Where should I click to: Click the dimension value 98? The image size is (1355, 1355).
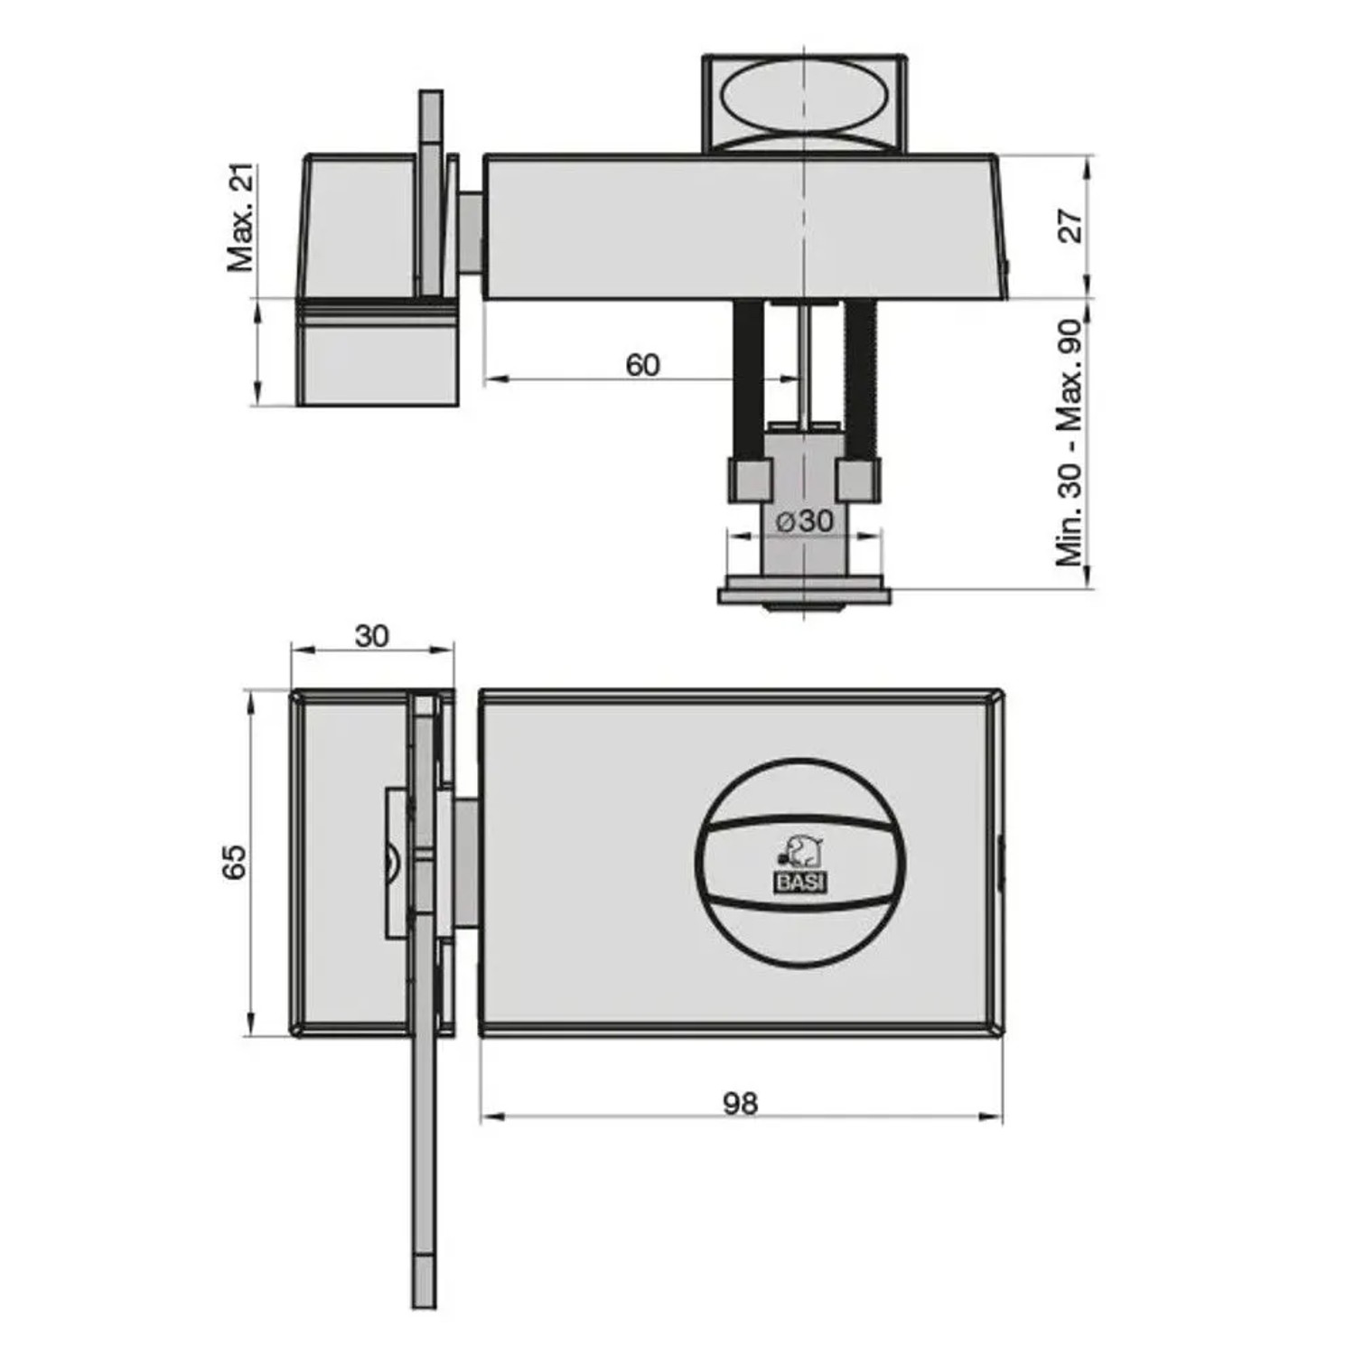pos(740,1103)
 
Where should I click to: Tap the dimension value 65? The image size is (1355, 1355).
pos(234,862)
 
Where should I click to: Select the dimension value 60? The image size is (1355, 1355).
pos(642,365)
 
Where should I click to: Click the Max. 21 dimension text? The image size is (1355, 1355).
pos(241,218)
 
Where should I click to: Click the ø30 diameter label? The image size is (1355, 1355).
pos(805,520)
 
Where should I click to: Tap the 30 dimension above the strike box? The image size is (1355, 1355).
pos(371,636)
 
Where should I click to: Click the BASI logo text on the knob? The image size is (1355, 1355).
pos(800,883)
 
